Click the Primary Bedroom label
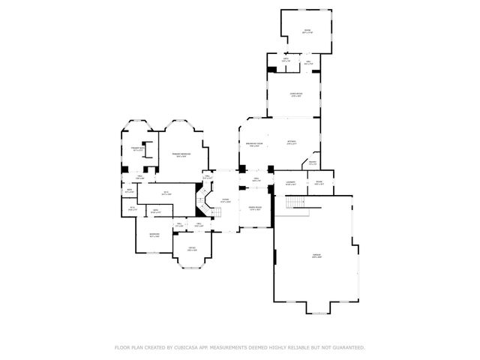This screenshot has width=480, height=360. (x=179, y=155)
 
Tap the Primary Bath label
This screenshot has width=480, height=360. (x=138, y=149)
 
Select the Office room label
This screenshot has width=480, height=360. (x=191, y=250)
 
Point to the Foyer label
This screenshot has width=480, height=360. (x=224, y=200)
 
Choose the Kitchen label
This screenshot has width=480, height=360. (x=291, y=142)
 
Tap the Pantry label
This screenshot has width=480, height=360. (x=312, y=164)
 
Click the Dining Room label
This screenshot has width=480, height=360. (x=254, y=208)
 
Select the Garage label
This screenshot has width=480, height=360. (x=316, y=257)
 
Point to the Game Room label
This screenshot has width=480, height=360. (x=296, y=94)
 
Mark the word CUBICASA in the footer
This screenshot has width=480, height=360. (x=186, y=347)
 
